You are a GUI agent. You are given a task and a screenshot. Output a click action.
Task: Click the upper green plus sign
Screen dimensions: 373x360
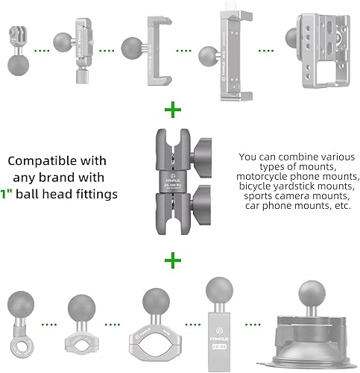coord(173,112)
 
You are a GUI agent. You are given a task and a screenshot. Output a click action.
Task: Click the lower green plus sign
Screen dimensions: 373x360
coord(173,260)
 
